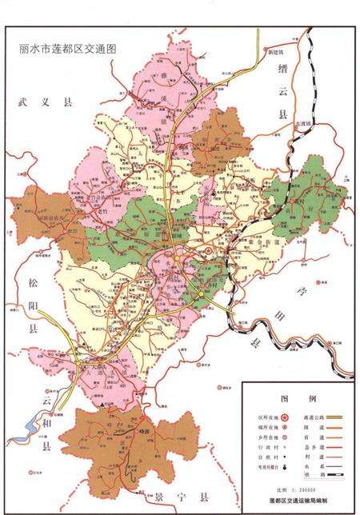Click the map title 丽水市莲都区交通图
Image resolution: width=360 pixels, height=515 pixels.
68,48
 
